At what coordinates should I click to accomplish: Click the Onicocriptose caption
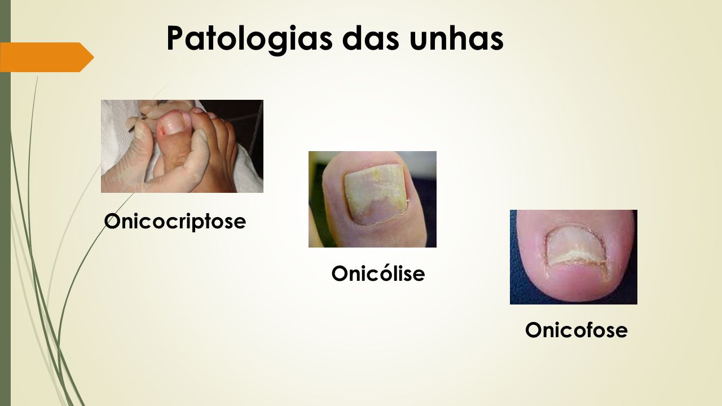click(175, 222)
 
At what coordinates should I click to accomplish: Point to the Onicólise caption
click(378, 273)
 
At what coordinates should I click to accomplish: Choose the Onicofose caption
click(576, 330)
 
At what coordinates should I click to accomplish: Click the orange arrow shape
click(47, 57)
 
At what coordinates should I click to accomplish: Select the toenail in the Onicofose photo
click(576, 246)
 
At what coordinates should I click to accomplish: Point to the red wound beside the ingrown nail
click(163, 130)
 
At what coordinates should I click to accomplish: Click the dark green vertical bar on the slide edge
click(5, 203)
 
